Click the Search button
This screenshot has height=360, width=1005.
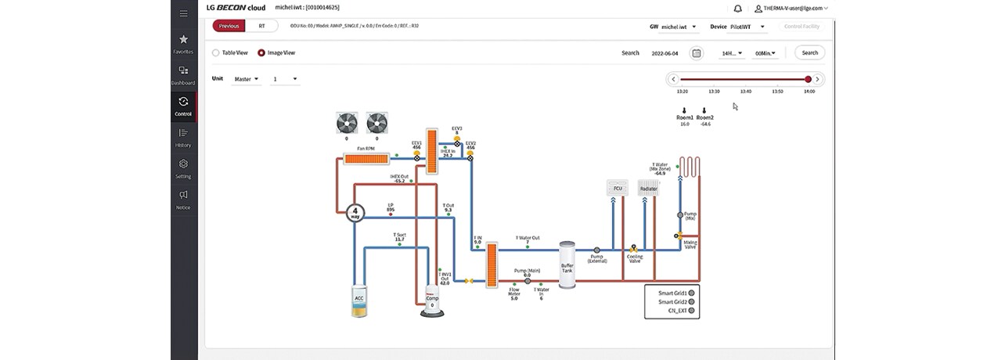coord(809,53)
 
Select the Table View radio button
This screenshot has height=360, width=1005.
coord(216,53)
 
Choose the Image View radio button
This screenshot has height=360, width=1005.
coord(261,53)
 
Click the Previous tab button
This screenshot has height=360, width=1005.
coord(229,26)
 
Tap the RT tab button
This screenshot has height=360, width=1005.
coord(262,26)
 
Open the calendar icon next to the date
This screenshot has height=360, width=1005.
coord(697,53)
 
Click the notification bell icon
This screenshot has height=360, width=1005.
coord(737,9)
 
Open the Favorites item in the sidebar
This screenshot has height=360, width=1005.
coord(183,43)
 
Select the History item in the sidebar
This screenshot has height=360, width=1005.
coord(183,137)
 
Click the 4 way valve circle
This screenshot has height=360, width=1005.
coord(355,212)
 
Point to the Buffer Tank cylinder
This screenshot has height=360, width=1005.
coord(567,266)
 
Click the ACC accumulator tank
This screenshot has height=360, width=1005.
coord(359,301)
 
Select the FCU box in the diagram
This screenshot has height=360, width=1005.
coord(618,189)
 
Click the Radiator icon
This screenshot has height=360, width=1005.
coord(648,189)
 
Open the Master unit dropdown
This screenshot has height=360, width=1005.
coord(247,79)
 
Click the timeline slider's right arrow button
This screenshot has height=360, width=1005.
coord(817,79)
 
